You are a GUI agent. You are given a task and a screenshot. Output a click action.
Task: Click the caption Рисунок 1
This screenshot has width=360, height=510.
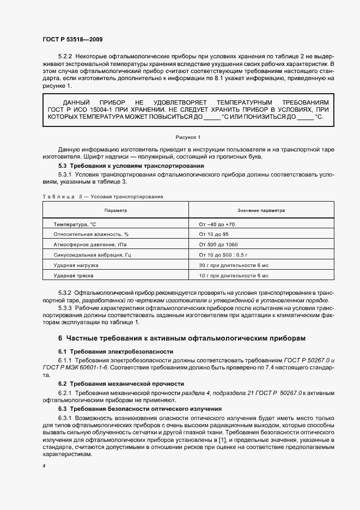[x=188, y=137]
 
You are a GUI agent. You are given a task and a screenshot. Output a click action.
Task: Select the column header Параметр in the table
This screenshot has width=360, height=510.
[x=115, y=210]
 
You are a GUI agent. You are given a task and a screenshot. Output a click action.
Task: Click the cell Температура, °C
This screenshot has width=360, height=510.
[x=75, y=224]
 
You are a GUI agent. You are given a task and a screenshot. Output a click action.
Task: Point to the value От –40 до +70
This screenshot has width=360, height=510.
[x=217, y=224]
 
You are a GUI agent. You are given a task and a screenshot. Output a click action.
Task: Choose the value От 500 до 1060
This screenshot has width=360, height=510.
[x=218, y=244]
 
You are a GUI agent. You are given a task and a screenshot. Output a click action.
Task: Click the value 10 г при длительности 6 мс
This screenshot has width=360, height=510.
[x=234, y=275]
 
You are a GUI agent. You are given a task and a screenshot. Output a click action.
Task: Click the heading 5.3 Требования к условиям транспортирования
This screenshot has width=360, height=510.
[x=131, y=165]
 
